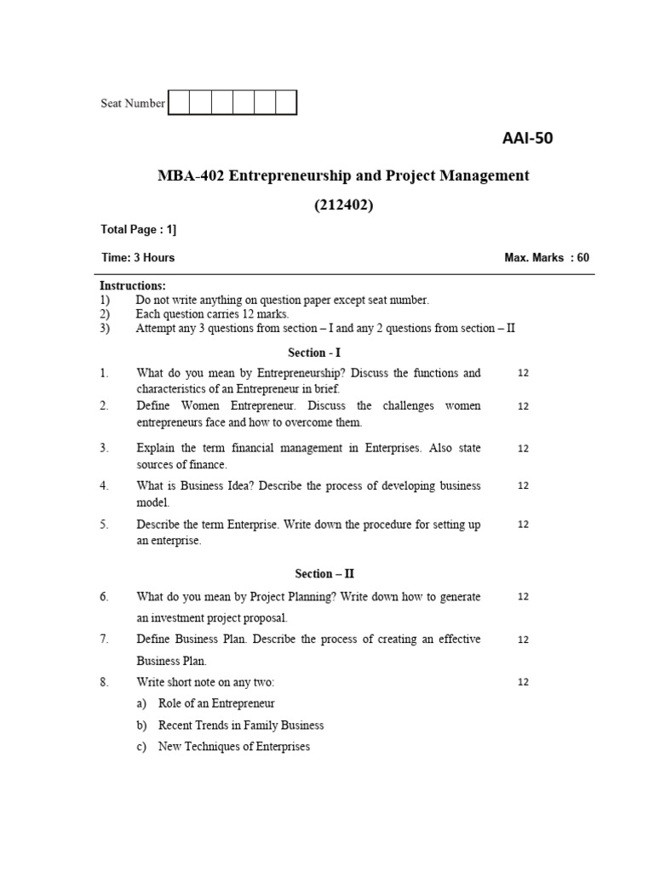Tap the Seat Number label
(x=133, y=103)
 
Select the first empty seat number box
(x=179, y=103)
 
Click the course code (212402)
(x=343, y=204)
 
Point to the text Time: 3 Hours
(x=137, y=257)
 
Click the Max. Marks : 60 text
(x=547, y=257)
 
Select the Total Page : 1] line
(x=139, y=229)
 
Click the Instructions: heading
(x=133, y=286)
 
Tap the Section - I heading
(x=314, y=353)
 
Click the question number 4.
(x=104, y=485)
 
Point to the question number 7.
(x=104, y=639)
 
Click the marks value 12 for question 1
(x=523, y=373)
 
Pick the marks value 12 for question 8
(x=523, y=682)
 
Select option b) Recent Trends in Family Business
(x=240, y=726)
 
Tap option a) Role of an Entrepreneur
(x=216, y=703)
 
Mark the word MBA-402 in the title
(x=188, y=176)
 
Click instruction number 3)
(x=105, y=328)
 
